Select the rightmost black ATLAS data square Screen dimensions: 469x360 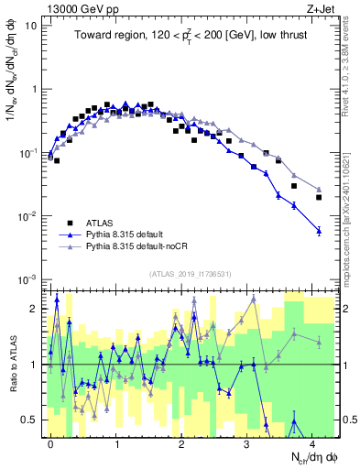pos(319,197)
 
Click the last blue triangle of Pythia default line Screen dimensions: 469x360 pos(319,231)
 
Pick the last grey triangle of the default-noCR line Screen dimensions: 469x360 pos(319,190)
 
